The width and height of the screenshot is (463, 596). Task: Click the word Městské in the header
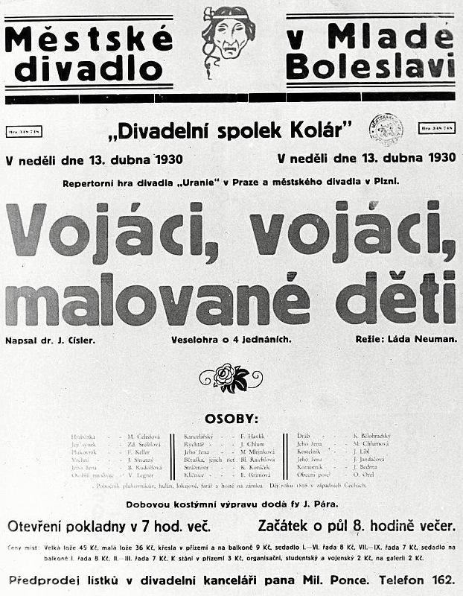[89, 38]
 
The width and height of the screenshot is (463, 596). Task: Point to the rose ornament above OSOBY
[231, 378]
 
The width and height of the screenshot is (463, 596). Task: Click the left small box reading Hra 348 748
[24, 131]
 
